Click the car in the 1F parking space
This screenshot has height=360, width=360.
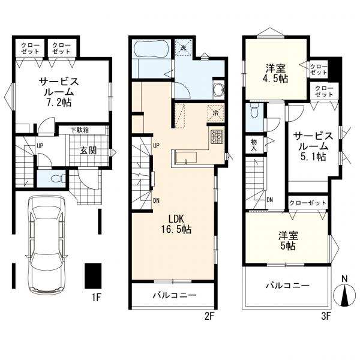(x=47, y=244)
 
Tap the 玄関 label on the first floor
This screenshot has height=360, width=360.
(x=88, y=151)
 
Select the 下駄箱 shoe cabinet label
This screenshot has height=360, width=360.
(x=79, y=130)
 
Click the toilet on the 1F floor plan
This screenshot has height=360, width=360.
(x=57, y=179)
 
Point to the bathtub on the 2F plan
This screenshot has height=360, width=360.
(x=151, y=50)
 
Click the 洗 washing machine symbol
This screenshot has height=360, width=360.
(x=183, y=48)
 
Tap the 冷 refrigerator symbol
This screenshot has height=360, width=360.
(x=215, y=113)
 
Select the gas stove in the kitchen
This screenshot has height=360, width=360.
(x=217, y=137)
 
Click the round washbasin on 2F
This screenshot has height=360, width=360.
(x=219, y=89)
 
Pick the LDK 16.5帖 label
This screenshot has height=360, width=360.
(x=176, y=224)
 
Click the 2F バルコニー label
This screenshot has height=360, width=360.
(x=175, y=295)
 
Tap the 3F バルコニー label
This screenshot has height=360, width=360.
(x=287, y=286)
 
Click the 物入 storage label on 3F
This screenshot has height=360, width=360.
(x=253, y=145)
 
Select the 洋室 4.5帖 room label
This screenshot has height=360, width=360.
(x=276, y=73)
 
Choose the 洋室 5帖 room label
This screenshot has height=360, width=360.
(x=289, y=241)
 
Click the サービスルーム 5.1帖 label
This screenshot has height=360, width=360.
(x=313, y=146)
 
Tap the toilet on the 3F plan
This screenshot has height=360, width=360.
(x=254, y=111)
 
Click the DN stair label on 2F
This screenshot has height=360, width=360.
(x=157, y=200)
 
